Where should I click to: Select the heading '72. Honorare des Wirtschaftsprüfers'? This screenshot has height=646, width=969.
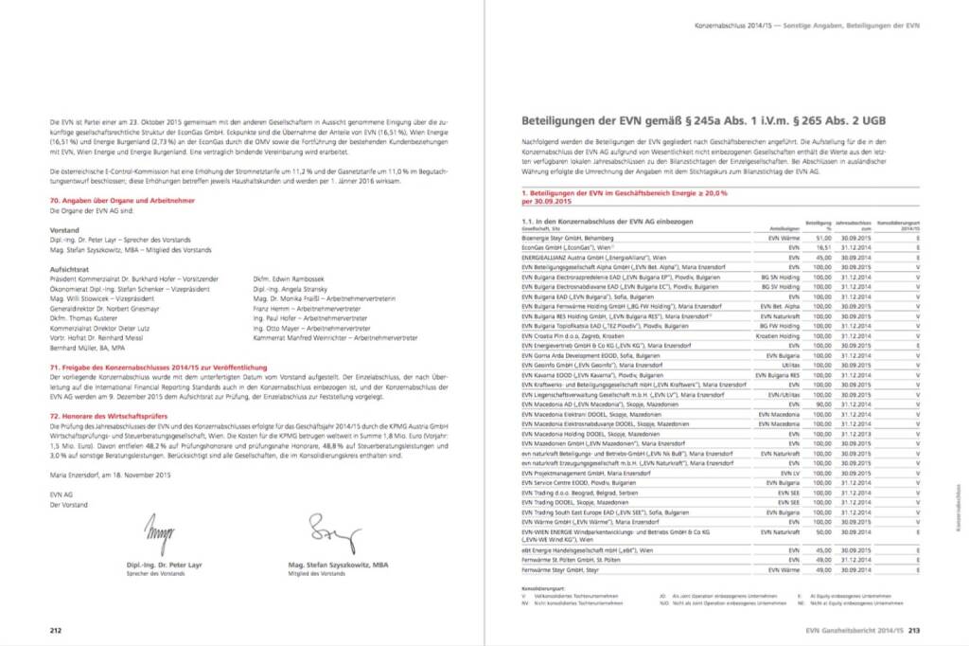pyautogui.click(x=110, y=416)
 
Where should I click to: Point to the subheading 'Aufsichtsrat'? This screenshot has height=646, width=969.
pyautogui.click(x=69, y=269)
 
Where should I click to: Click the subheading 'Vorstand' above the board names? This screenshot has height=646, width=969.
pyautogui.click(x=64, y=230)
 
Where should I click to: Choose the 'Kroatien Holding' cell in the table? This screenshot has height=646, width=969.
pyautogui.click(x=781, y=335)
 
